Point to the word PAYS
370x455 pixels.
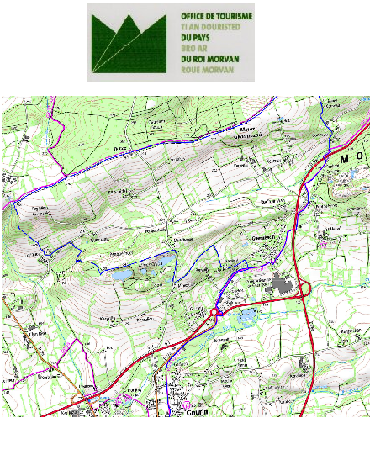click(x=201, y=38)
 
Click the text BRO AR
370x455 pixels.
click(x=193, y=49)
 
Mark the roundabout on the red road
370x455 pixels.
click(x=215, y=312)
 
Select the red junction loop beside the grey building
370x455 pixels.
click(x=304, y=289)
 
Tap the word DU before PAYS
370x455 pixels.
click(x=188, y=38)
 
